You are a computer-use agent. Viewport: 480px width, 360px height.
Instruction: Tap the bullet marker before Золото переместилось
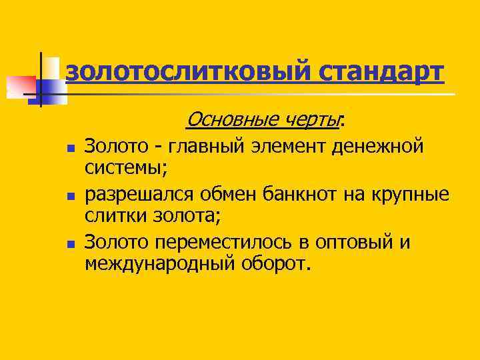coord(71,245)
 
